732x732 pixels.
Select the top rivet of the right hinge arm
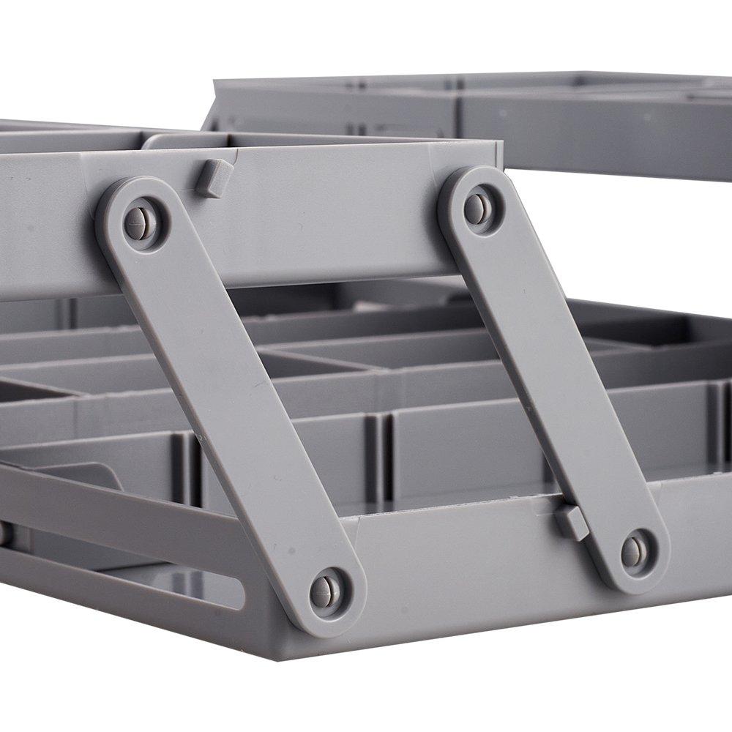[x=477, y=209]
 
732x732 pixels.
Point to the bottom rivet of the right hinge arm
[x=633, y=551]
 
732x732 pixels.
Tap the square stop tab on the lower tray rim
[x=571, y=522]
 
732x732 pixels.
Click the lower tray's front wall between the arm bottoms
[x=468, y=578]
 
